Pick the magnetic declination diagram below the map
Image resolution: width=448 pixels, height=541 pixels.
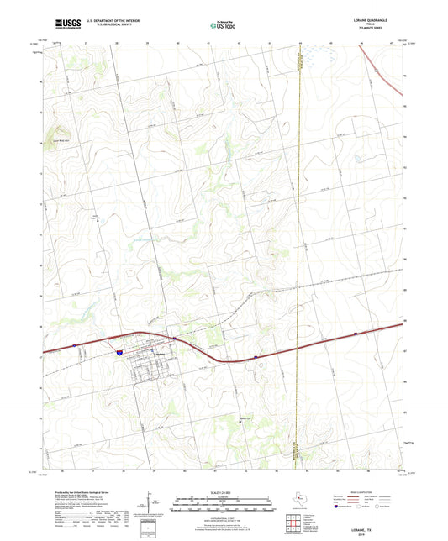click(x=151, y=507)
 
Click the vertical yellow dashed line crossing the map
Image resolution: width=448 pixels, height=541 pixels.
click(x=300, y=252)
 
